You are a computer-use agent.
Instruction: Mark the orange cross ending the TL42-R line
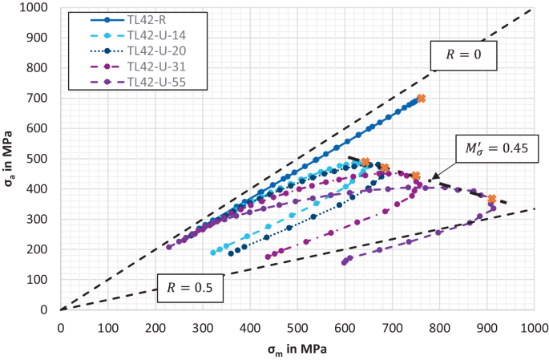tap(421, 99)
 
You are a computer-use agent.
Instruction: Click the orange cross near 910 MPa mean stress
tap(492, 199)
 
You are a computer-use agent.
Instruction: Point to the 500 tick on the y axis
tap(41, 159)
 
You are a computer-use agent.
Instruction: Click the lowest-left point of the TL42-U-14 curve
tap(213, 253)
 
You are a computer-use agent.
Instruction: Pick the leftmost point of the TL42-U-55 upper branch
tap(169, 247)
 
